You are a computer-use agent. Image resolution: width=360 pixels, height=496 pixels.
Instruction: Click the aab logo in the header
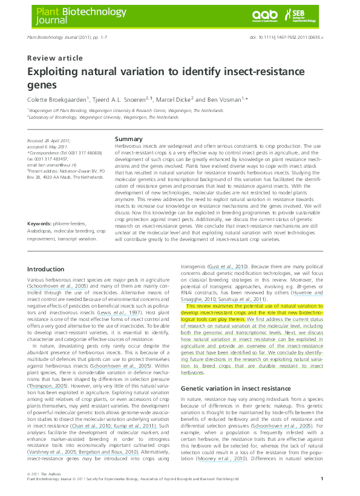pyautogui.click(x=264, y=15)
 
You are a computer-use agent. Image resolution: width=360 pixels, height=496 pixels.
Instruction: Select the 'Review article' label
pyautogui.click(x=55, y=58)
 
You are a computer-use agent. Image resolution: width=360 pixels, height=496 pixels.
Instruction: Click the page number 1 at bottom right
pyautogui.click(x=321, y=478)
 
